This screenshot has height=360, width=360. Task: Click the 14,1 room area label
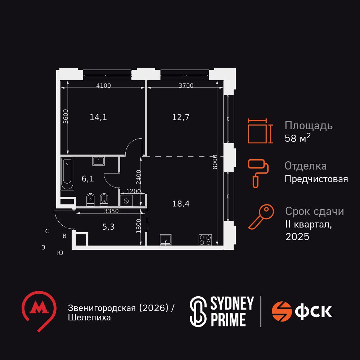click(98, 117)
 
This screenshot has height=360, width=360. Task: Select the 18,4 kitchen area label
click(181, 204)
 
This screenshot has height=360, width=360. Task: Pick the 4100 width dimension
click(103, 85)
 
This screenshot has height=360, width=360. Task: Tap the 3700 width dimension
click(186, 85)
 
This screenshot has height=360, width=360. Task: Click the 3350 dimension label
click(111, 211)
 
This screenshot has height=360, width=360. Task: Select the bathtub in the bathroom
click(67, 173)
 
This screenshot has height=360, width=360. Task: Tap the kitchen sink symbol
click(166, 239)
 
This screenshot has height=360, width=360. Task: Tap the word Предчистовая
click(316, 179)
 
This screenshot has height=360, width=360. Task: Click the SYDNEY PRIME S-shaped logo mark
click(197, 311)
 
